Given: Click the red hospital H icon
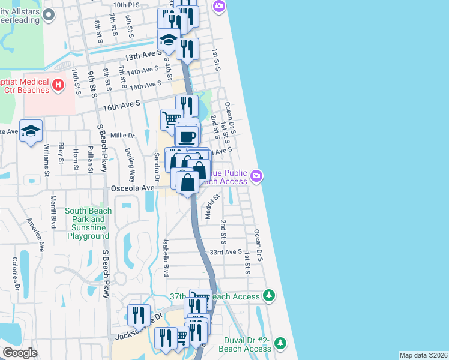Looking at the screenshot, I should pos(58,85).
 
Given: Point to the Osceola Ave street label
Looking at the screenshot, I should pos(133,188).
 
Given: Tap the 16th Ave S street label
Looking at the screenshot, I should pos(121,103).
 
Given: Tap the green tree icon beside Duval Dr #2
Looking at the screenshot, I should pos(280,344).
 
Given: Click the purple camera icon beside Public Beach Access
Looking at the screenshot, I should pos(257,176).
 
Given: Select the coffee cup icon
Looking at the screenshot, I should pos(187,136).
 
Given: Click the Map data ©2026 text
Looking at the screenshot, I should pos(423,355).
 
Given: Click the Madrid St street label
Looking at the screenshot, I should pos(210,206).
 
